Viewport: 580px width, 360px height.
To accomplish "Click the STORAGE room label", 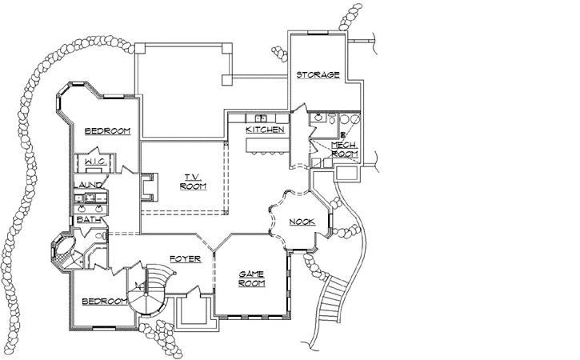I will click(318, 75).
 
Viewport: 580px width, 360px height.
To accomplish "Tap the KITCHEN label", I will click(265, 129).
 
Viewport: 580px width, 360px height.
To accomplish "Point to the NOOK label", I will click(302, 222).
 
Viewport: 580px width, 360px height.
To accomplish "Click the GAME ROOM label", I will click(252, 278).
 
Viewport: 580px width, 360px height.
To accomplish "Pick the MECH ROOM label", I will click(344, 149).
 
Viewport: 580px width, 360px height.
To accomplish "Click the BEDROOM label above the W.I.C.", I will click(108, 131).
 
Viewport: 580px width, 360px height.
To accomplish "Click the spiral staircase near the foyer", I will click(152, 292).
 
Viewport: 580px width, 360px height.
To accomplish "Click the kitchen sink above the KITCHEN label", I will click(261, 118).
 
